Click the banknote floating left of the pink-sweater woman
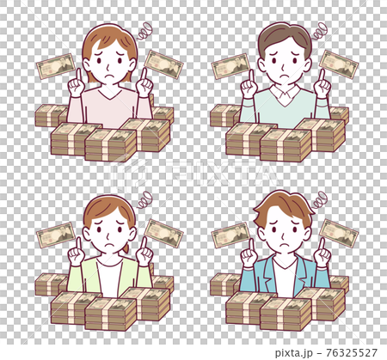click(56, 66)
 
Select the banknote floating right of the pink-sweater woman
click(163, 62)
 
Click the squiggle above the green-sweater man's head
click(319, 33)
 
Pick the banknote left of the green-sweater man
click(230, 66)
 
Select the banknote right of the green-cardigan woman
click(163, 231)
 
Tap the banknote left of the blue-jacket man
click(230, 235)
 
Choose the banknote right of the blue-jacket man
click(338, 231)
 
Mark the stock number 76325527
click(353, 351)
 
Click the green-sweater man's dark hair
click(285, 37)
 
